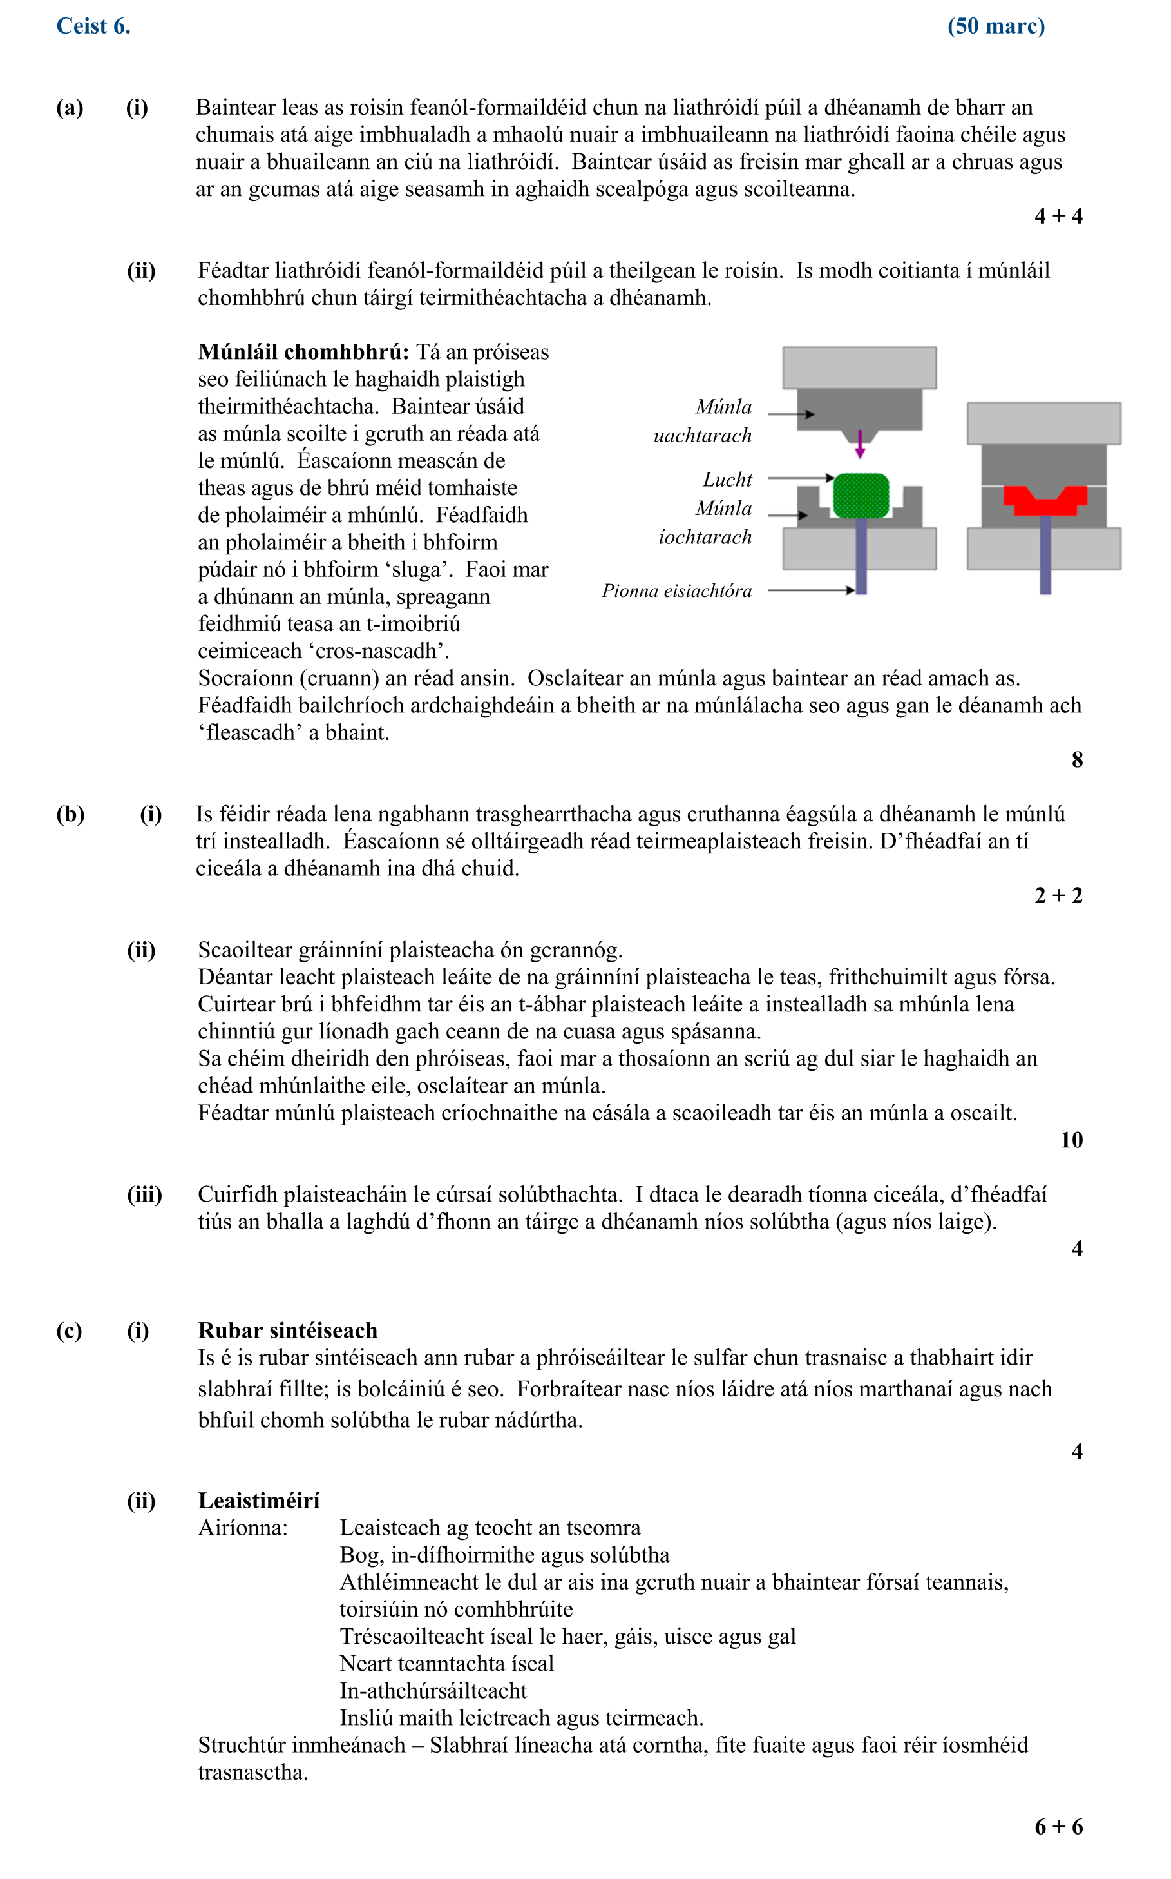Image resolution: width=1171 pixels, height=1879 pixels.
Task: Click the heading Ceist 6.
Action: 93,26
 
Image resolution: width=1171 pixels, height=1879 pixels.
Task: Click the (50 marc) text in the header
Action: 995,26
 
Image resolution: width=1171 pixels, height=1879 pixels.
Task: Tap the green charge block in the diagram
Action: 860,495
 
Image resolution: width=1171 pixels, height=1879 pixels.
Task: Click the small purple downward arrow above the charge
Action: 860,444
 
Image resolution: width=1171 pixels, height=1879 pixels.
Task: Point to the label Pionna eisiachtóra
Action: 676,591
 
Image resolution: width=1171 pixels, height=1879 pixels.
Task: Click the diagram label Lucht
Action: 727,480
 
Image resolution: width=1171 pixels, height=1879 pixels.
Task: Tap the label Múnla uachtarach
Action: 703,421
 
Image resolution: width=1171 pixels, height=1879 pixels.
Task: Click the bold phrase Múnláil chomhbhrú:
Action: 303,352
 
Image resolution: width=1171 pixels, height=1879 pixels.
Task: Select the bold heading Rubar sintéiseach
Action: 287,1330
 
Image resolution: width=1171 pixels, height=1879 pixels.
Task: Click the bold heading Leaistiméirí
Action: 259,1501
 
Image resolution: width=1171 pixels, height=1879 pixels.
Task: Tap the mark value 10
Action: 1071,1140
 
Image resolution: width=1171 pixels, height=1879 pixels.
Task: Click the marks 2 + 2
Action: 1058,896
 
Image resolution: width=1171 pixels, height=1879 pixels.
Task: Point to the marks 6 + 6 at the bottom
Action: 1058,1827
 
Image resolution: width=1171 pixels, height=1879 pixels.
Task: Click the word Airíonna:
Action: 242,1528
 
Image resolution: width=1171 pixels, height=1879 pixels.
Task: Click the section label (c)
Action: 69,1330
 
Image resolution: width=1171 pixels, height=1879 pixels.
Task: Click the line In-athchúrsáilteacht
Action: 433,1691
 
